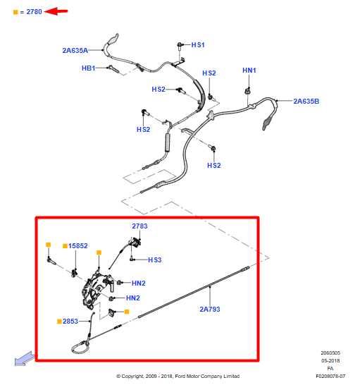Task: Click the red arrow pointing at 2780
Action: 58,11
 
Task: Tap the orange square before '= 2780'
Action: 15,11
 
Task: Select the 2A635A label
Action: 75,50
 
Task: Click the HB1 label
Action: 88,68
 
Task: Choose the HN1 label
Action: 249,71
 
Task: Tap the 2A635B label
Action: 306,101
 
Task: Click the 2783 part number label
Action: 139,226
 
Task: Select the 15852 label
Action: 77,246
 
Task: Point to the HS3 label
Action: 154,260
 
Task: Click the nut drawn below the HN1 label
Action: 249,91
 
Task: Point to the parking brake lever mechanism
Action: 98,290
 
